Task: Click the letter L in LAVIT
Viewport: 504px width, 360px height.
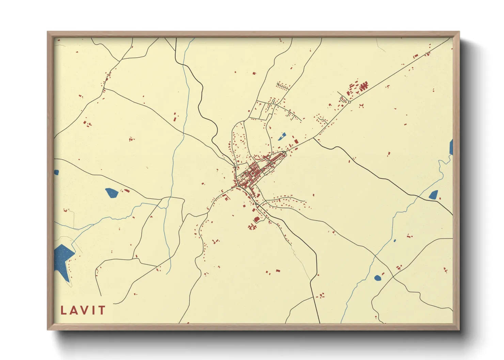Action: (x=63, y=310)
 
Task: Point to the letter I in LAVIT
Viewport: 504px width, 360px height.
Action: (x=94, y=310)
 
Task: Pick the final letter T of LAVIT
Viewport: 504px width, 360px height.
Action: (x=101, y=310)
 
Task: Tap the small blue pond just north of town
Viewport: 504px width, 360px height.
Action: (x=282, y=136)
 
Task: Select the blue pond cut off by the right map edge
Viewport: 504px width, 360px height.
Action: (x=451, y=147)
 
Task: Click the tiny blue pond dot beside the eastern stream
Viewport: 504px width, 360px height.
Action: (x=395, y=241)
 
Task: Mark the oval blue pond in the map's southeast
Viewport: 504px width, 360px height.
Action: (x=378, y=278)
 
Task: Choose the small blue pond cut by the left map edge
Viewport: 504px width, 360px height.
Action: (x=56, y=173)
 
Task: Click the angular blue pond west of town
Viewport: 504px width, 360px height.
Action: (x=111, y=193)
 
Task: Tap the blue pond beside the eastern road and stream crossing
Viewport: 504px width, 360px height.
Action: (x=434, y=195)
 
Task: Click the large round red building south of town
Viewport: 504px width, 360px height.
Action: (x=256, y=219)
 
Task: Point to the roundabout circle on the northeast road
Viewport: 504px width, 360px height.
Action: (x=349, y=102)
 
